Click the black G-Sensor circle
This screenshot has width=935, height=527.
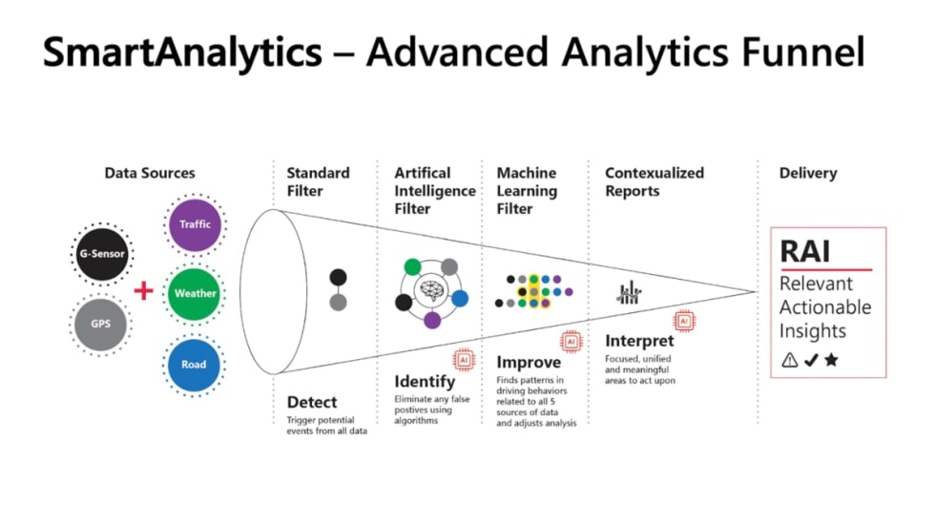pyautogui.click(x=100, y=255)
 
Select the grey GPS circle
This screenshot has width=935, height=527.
pyautogui.click(x=100, y=324)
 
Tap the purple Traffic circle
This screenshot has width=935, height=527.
pyautogui.click(x=195, y=224)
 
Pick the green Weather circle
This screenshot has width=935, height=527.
pyautogui.click(x=195, y=293)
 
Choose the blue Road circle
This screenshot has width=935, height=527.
pyautogui.click(x=195, y=364)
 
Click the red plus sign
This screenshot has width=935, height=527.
pyautogui.click(x=143, y=290)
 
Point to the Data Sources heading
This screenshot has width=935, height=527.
pyautogui.click(x=150, y=173)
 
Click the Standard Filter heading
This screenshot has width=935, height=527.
pyautogui.click(x=318, y=181)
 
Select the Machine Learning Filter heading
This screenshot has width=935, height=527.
pyautogui.click(x=527, y=191)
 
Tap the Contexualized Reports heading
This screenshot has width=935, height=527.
pyautogui.click(x=654, y=181)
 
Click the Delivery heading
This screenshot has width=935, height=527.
pyautogui.click(x=807, y=173)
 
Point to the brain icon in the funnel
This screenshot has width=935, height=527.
pyautogui.click(x=432, y=291)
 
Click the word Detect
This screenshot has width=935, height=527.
pyautogui.click(x=312, y=402)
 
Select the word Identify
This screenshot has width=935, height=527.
pyautogui.click(x=425, y=382)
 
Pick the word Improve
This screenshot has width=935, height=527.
pyautogui.click(x=529, y=363)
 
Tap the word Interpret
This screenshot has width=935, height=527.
pyautogui.click(x=639, y=341)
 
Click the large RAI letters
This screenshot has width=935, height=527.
pyautogui.click(x=805, y=251)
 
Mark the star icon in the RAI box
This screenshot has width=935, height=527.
pyautogui.click(x=831, y=360)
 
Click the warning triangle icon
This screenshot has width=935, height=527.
pyautogui.click(x=789, y=360)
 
